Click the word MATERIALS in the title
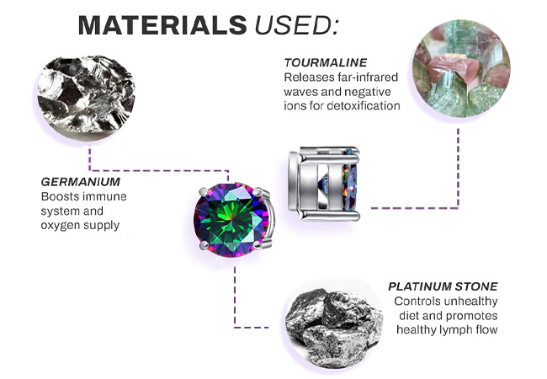(x=162, y=25)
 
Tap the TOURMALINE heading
(x=326, y=62)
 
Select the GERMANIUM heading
(x=81, y=182)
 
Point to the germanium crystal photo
(x=86, y=95)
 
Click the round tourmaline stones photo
(x=461, y=68)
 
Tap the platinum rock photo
(x=334, y=324)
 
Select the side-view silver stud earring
(x=324, y=184)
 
